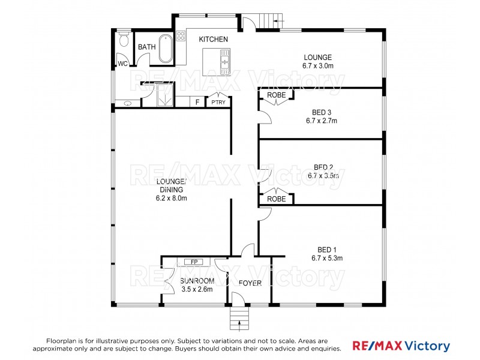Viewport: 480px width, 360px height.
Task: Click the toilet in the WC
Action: (124, 40)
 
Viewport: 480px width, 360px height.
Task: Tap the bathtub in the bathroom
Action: (166, 49)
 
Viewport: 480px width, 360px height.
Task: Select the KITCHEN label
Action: (214, 39)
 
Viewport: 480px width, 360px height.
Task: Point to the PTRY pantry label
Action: (218, 103)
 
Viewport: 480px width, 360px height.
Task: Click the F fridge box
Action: (197, 102)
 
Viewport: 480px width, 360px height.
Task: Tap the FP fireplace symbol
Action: (194, 262)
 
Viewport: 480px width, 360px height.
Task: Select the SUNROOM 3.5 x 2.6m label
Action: (197, 285)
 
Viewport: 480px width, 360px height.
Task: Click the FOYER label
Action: (250, 283)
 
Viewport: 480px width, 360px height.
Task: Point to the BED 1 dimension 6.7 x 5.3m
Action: (327, 259)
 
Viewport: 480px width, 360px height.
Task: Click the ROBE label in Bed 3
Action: (276, 95)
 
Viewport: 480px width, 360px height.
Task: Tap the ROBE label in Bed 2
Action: (276, 199)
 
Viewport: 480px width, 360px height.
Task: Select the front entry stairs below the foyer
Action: (239, 320)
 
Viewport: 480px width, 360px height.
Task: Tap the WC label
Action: (122, 64)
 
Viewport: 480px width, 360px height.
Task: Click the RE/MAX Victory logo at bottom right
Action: (400, 346)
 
